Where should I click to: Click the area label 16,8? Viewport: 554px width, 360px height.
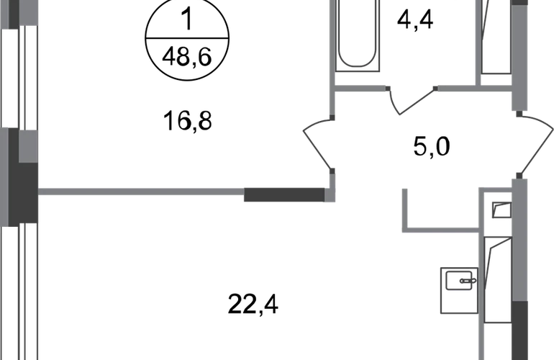187,121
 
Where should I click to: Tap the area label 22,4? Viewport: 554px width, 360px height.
253,305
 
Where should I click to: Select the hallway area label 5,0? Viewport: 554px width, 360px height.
432,147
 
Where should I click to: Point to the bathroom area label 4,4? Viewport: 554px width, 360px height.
415,20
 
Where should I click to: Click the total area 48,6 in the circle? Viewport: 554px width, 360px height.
187,57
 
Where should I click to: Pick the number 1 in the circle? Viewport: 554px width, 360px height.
188,19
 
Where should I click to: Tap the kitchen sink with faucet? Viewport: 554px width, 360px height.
459,290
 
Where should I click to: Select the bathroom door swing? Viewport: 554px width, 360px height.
412,100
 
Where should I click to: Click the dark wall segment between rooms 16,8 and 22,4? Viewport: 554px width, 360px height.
284,195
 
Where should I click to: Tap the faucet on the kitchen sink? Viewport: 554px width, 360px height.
468,281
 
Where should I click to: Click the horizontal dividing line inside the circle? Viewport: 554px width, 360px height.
187,38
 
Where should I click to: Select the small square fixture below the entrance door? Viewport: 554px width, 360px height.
502,210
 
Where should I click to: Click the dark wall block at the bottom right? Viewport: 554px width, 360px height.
519,330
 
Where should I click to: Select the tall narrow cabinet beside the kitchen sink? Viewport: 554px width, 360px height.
498,280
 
